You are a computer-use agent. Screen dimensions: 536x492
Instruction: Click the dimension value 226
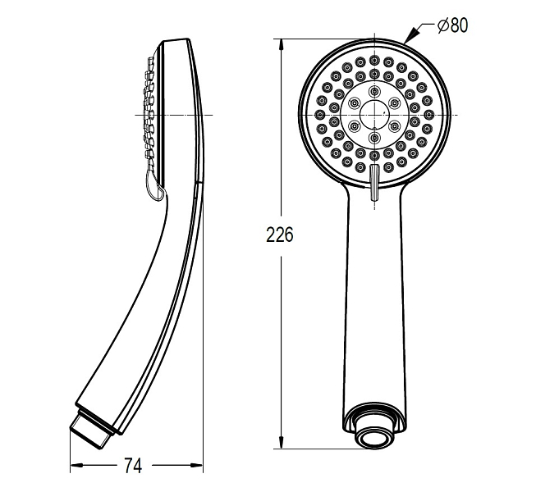click(x=280, y=235)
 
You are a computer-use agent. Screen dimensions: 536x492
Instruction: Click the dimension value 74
click(x=133, y=465)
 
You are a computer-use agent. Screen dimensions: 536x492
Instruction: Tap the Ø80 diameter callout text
click(x=452, y=25)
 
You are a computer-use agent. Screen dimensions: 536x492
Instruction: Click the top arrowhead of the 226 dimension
click(x=281, y=45)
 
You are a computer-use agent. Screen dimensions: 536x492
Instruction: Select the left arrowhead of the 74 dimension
click(x=76, y=465)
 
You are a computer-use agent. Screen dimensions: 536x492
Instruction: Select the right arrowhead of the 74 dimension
click(x=196, y=465)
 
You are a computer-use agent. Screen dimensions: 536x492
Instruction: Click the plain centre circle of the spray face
click(x=374, y=114)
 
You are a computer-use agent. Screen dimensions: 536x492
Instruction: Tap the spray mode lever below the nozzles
click(x=374, y=182)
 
